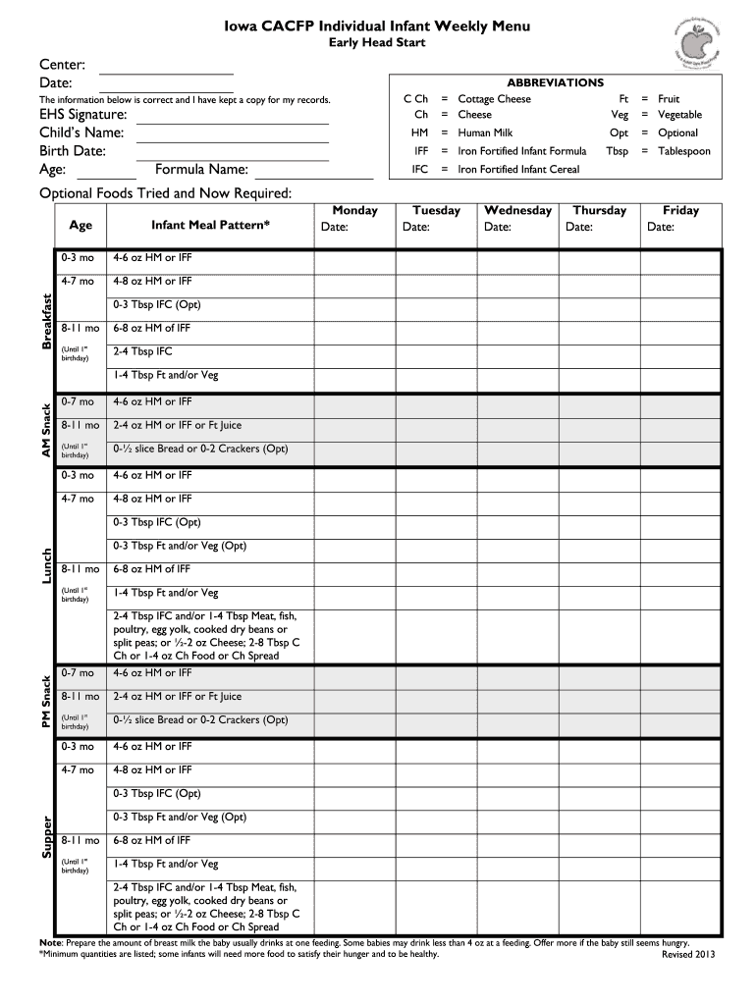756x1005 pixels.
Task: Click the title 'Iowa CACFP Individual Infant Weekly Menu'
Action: [x=376, y=26]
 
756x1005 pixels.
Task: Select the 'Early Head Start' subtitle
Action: [x=376, y=45]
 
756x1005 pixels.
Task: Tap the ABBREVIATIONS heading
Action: [x=555, y=83]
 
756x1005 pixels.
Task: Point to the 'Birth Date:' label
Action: [x=73, y=151]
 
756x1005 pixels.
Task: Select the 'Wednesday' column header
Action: [x=518, y=210]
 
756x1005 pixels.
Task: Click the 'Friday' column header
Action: [x=680, y=210]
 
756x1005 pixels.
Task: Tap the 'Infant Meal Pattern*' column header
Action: [x=208, y=225]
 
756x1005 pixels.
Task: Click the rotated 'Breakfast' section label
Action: [x=46, y=321]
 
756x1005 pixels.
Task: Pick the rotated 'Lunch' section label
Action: [x=46, y=567]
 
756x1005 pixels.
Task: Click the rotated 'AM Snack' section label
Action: [x=46, y=427]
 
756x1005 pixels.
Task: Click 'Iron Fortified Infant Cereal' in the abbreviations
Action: [x=518, y=170]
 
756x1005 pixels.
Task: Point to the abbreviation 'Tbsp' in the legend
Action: [x=617, y=151]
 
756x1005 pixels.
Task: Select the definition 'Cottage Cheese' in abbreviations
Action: [x=494, y=99]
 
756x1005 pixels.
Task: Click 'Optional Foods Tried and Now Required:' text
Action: [x=165, y=193]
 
